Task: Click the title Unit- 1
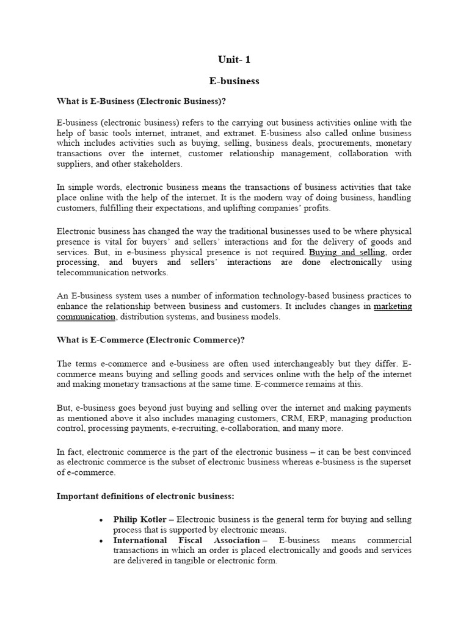pyautogui.click(x=234, y=60)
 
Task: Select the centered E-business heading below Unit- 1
pyautogui.click(x=234, y=81)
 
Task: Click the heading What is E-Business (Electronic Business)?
pyautogui.click(x=145, y=101)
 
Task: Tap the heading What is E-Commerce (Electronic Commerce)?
pyautogui.click(x=150, y=339)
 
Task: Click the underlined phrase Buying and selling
pyautogui.click(x=347, y=252)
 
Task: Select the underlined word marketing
pyautogui.click(x=393, y=306)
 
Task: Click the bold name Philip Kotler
pyautogui.click(x=140, y=519)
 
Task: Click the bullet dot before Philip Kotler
pyautogui.click(x=100, y=520)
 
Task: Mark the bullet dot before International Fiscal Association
pyautogui.click(x=100, y=541)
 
